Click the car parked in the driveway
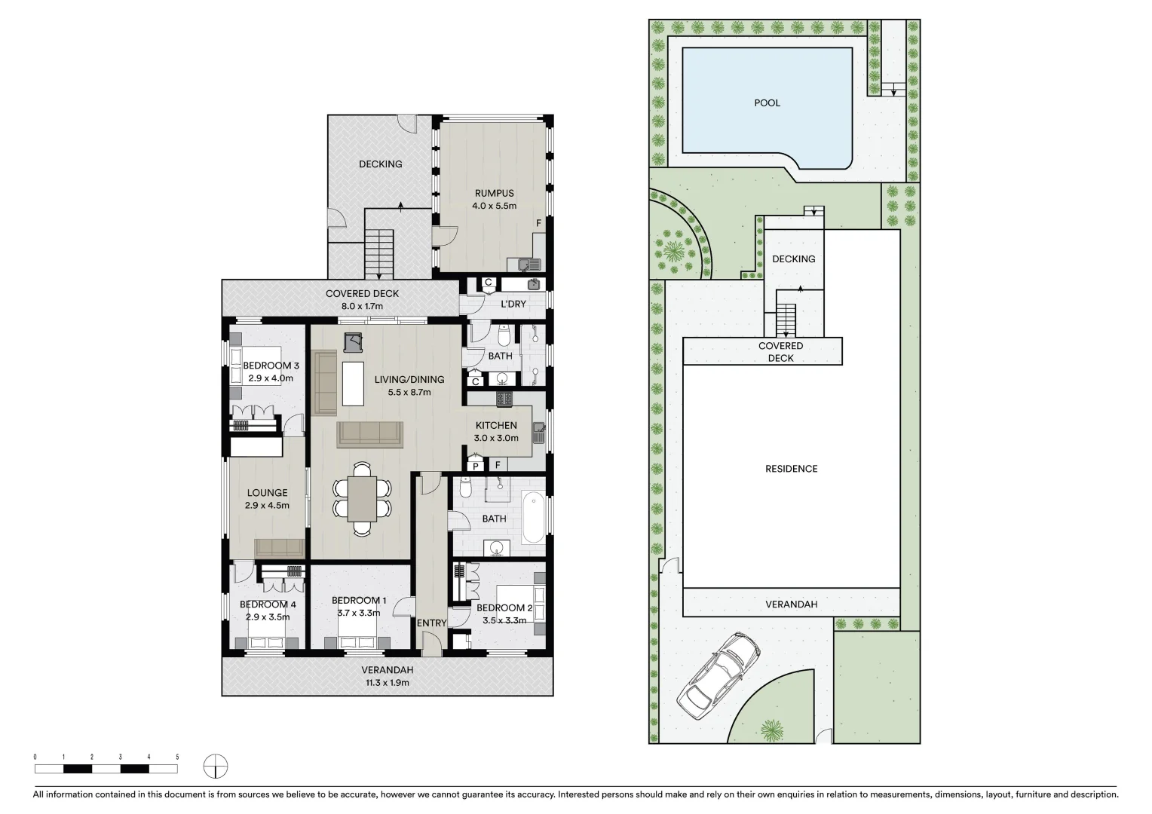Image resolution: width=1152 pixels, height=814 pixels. (x=719, y=673)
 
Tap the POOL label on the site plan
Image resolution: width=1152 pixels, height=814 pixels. (x=767, y=103)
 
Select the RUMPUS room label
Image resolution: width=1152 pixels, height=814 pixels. (x=494, y=194)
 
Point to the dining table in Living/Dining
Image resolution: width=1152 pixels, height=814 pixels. (x=362, y=499)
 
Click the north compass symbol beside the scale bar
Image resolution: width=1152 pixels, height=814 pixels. (x=215, y=767)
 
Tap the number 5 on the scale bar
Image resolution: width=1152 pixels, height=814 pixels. (x=177, y=756)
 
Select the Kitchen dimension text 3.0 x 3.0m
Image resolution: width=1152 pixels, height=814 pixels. (x=495, y=438)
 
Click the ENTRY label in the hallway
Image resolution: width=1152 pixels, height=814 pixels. (x=432, y=623)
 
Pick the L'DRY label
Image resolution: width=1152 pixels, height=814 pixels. (x=513, y=304)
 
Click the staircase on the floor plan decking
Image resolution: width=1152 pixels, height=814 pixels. (x=380, y=254)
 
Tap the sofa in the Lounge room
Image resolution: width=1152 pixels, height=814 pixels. (x=279, y=548)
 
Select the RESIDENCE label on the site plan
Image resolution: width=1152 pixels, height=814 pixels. (x=791, y=469)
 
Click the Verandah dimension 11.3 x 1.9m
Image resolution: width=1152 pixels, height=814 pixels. (x=387, y=682)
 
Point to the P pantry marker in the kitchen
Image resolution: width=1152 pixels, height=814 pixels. (x=475, y=466)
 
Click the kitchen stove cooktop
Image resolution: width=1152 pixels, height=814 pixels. (x=504, y=398)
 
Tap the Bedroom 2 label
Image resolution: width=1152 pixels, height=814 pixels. (x=504, y=607)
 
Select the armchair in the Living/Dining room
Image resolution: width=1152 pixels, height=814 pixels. (x=354, y=343)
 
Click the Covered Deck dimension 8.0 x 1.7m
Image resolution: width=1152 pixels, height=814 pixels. (x=362, y=306)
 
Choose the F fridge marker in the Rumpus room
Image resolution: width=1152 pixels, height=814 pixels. (x=538, y=223)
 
